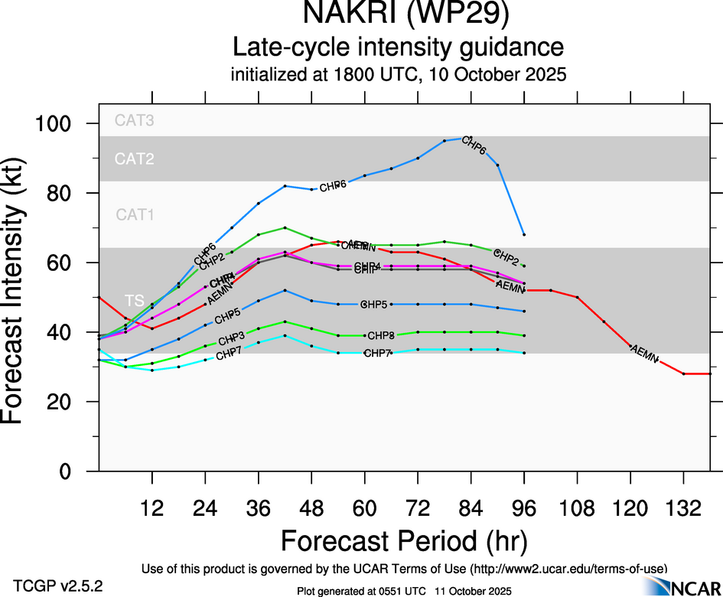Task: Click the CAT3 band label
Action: click(x=134, y=120)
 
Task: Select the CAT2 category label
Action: click(x=134, y=159)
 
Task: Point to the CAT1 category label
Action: click(x=135, y=215)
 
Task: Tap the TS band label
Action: click(x=135, y=300)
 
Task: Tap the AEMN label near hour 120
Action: click(x=643, y=354)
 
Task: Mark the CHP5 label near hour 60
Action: click(x=374, y=305)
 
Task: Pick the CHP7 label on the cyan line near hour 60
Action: click(x=377, y=353)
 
